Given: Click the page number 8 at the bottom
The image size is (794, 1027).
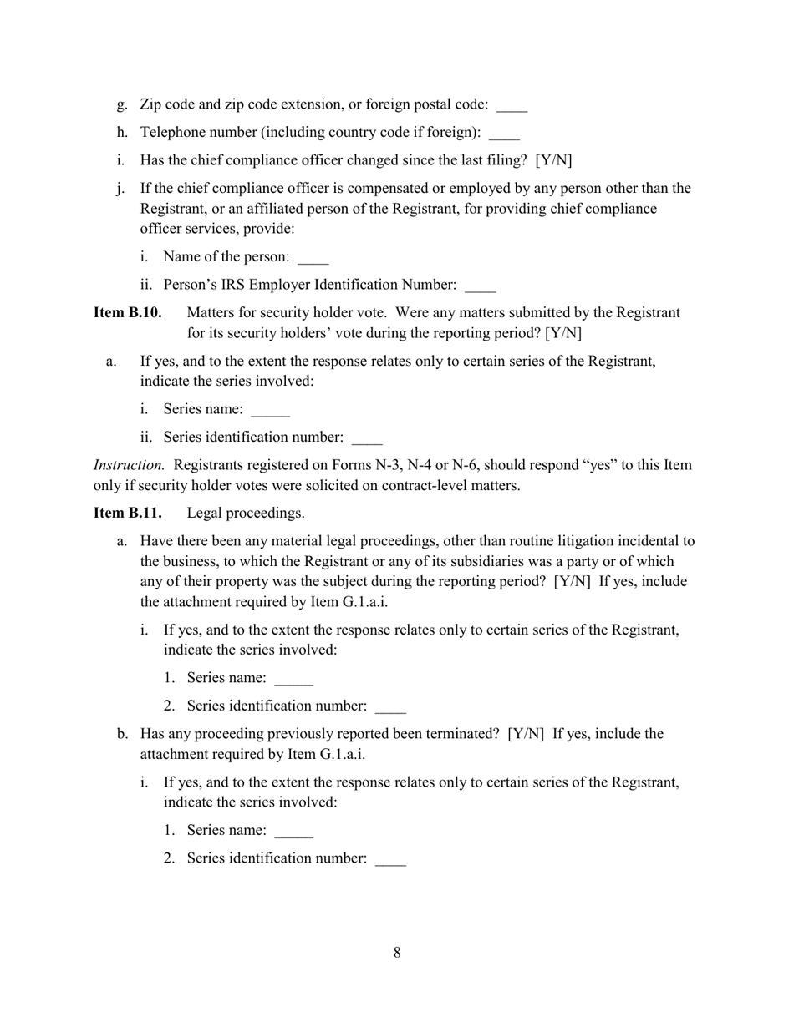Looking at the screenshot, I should (396, 953).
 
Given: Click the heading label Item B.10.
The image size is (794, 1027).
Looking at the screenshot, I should (127, 313).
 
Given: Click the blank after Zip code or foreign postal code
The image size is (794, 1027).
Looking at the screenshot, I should (512, 106).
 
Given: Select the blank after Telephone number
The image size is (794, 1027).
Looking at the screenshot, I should (504, 134).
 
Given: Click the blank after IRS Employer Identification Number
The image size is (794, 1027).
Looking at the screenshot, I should (480, 286).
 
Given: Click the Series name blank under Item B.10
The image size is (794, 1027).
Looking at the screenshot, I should (270, 411).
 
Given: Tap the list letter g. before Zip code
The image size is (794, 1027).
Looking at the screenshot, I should (122, 105).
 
